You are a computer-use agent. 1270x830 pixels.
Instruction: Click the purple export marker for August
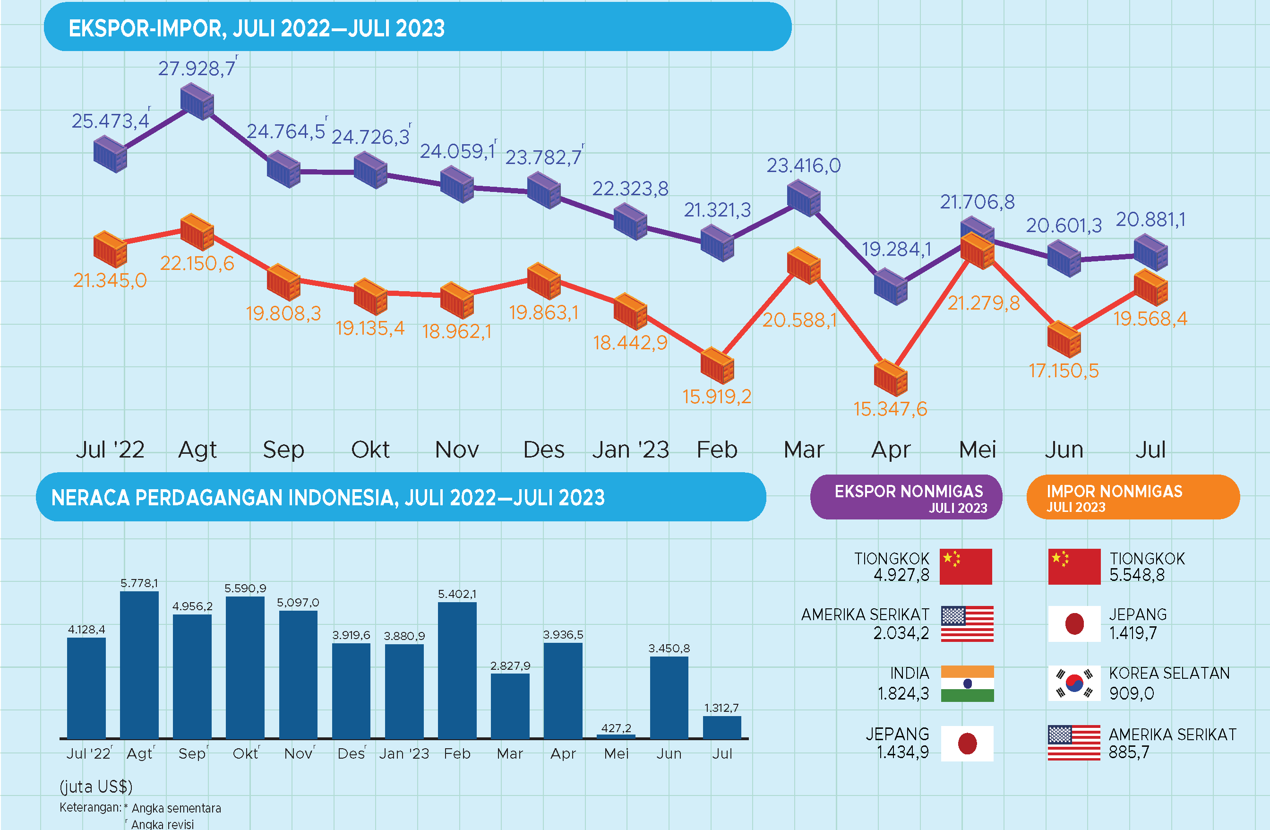point(197,103)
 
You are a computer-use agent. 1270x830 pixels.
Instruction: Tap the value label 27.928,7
point(197,69)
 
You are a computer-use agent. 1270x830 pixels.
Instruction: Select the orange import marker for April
point(891,377)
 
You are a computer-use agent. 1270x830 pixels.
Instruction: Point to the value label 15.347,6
point(890,409)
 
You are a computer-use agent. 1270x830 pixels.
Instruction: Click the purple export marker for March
point(804,198)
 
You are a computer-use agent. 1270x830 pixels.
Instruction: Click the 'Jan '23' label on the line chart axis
point(631,450)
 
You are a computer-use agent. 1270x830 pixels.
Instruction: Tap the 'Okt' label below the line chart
point(370,450)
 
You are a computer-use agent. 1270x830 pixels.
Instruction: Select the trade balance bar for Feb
point(457,670)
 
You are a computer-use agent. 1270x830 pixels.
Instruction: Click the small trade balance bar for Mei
point(616,736)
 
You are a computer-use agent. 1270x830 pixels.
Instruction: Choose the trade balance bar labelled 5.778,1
point(139,665)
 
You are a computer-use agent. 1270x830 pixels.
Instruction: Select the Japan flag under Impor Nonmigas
point(1074,623)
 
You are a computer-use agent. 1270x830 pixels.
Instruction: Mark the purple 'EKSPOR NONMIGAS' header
point(906,497)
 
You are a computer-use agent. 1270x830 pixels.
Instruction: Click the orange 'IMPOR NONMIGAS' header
point(1133,497)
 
